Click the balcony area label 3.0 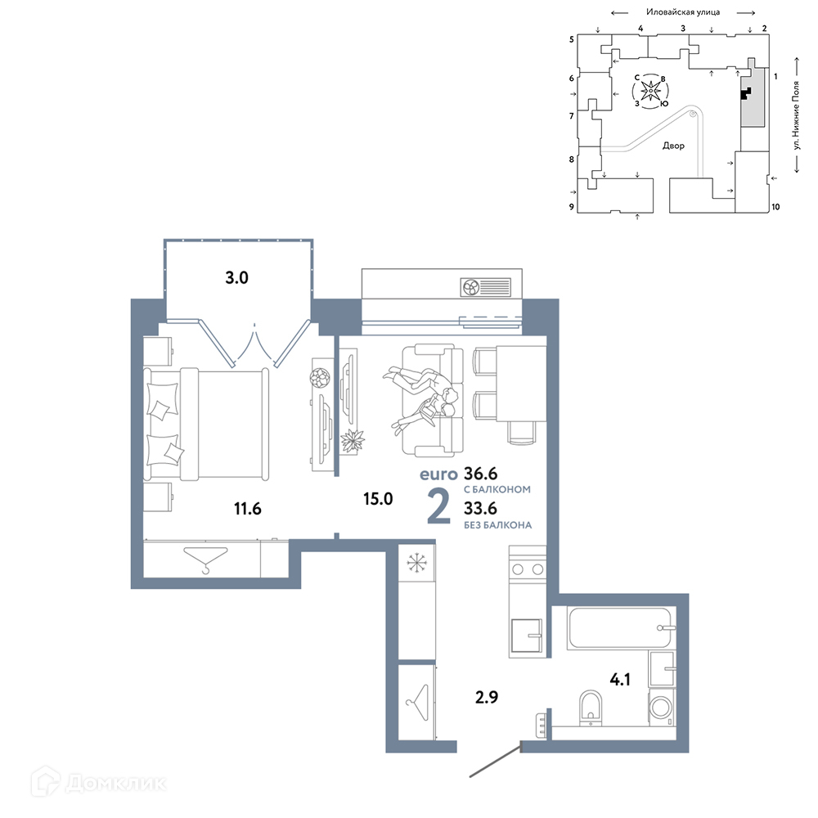[236, 277]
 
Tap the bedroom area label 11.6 [247, 508]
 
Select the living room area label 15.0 [378, 499]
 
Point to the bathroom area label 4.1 [620, 679]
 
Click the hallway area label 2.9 [486, 697]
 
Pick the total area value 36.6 [480, 474]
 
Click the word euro [438, 474]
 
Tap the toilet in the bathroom [591, 708]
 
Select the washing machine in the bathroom [662, 708]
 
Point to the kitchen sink [526, 636]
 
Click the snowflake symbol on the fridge [416, 563]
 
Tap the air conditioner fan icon [471, 287]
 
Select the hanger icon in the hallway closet [417, 702]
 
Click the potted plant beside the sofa [352, 441]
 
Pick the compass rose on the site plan [650, 92]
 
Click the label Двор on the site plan [673, 146]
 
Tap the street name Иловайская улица [683, 12]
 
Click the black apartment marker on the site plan [746, 93]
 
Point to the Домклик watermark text [116, 783]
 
